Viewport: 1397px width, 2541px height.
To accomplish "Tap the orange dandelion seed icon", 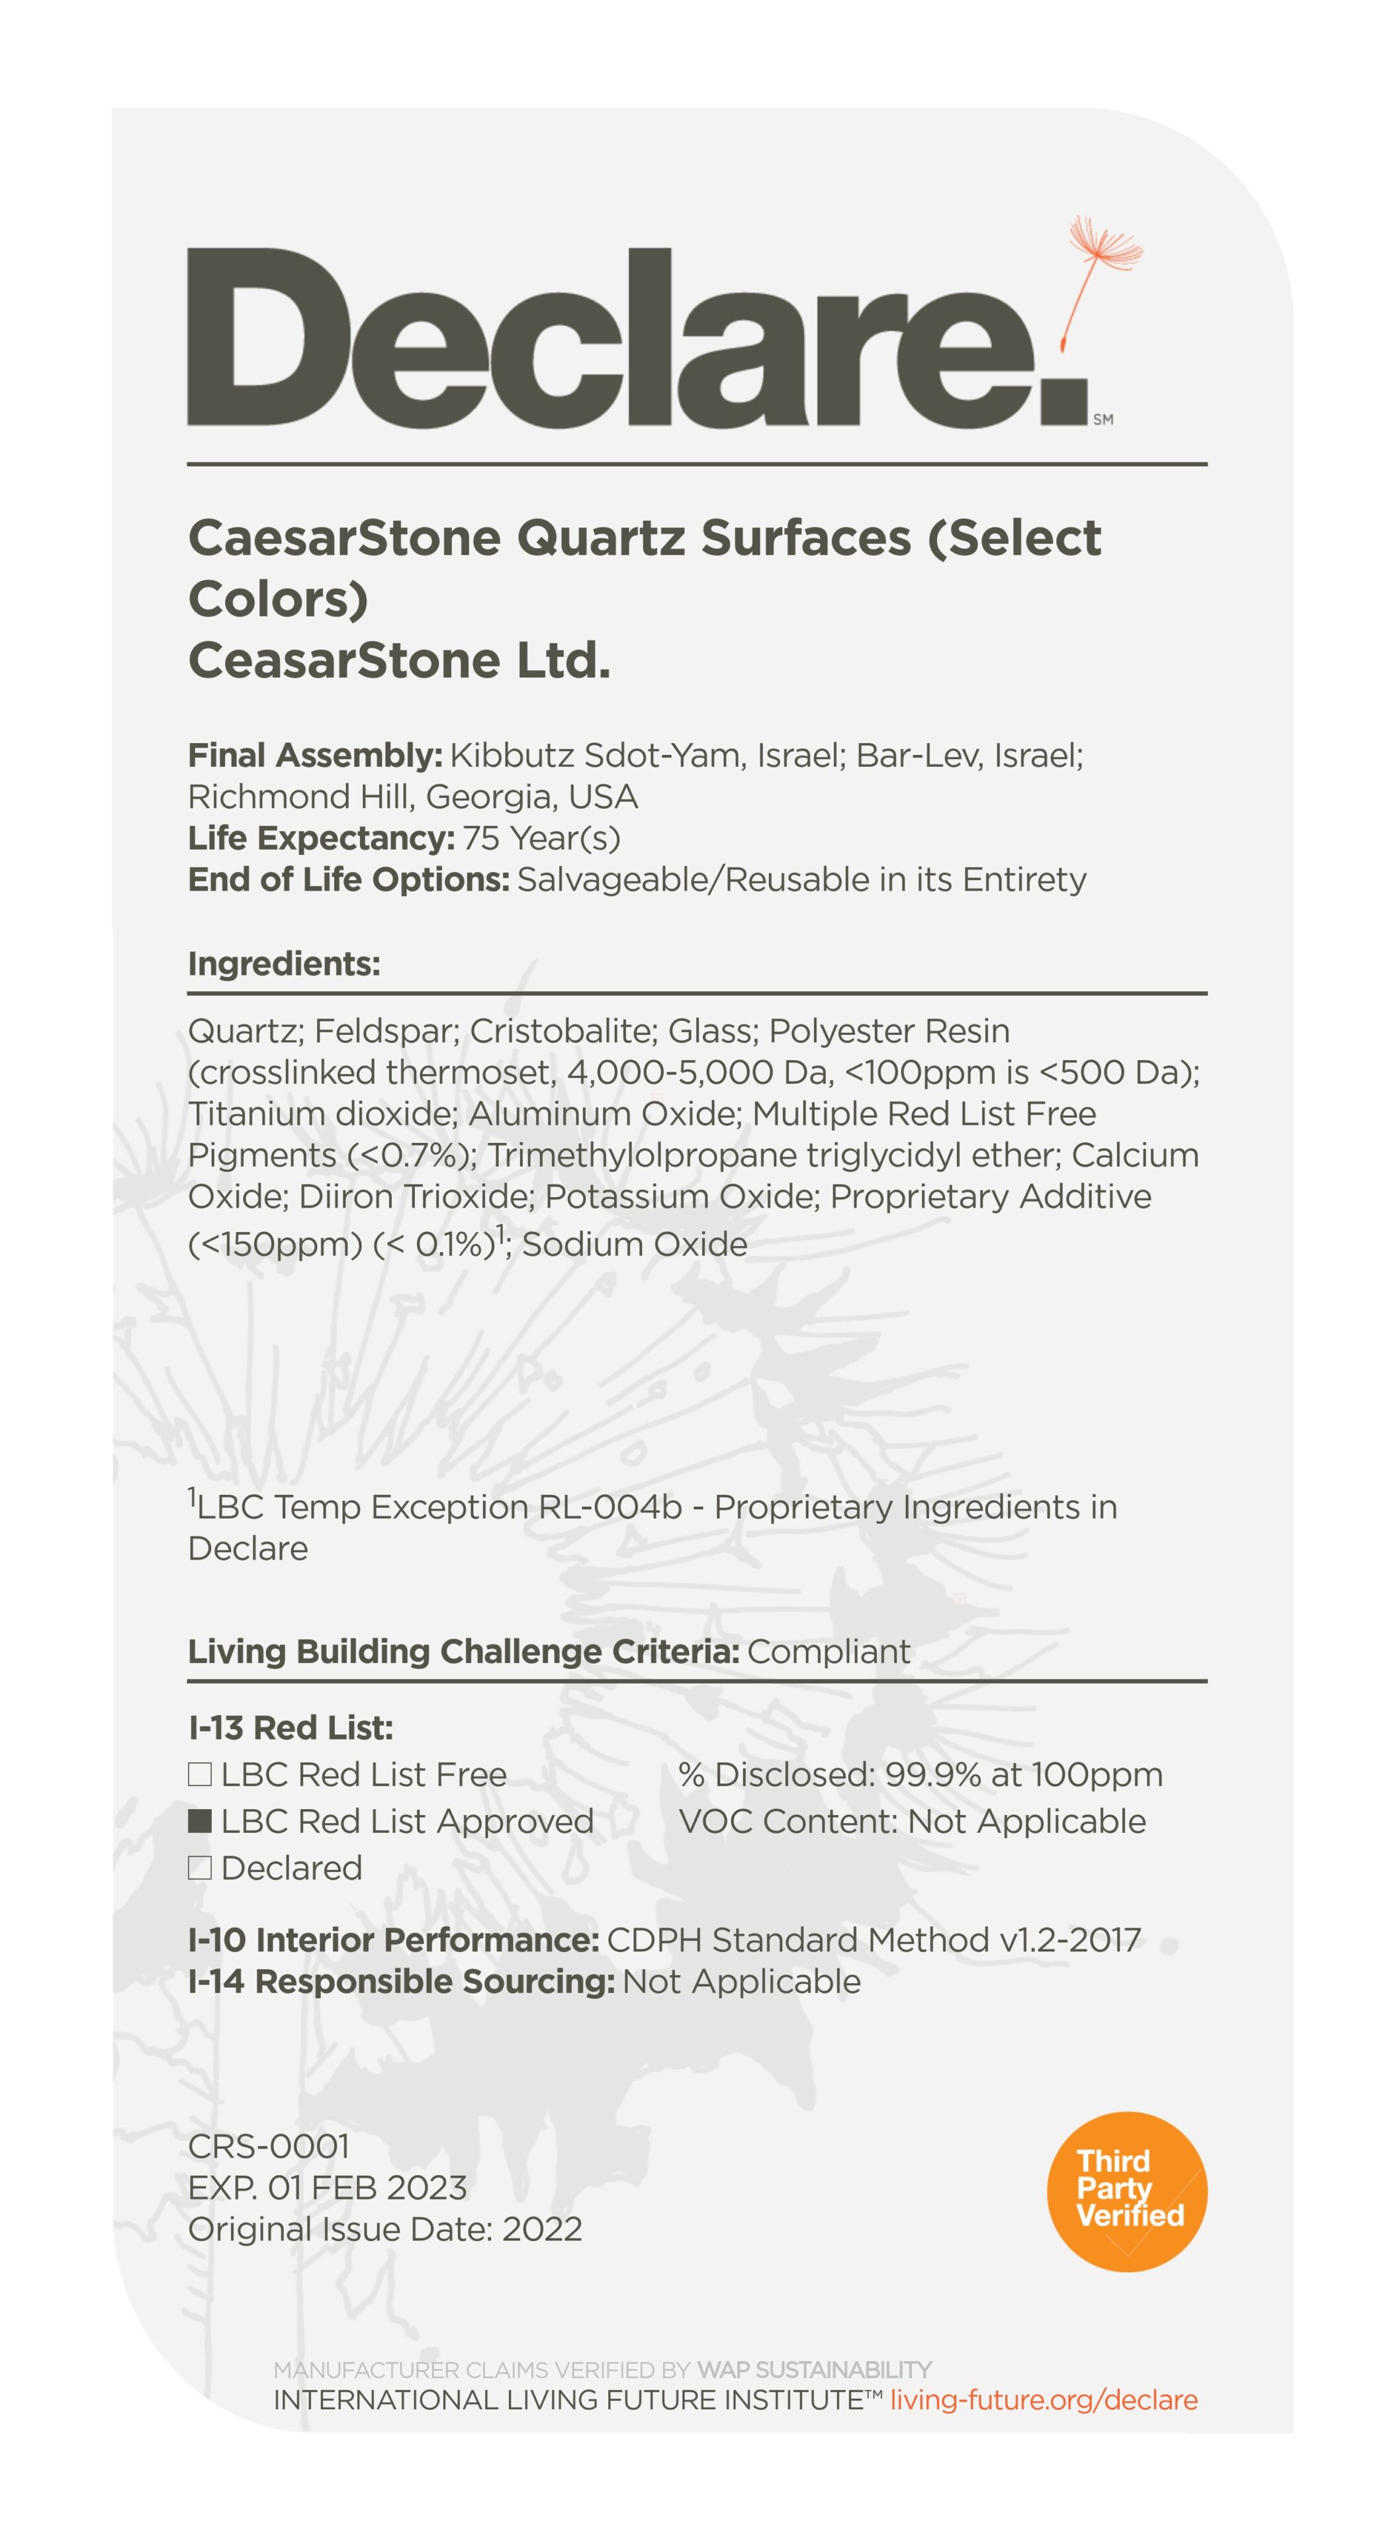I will [1100, 271].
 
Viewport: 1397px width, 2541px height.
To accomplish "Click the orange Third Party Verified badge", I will [1127, 2191].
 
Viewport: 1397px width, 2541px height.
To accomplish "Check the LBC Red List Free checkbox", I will [199, 1775].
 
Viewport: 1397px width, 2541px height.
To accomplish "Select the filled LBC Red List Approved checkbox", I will [199, 1821].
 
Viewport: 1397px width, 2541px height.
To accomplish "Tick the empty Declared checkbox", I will [199, 1867].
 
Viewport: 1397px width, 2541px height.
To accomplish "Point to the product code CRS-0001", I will [269, 2145].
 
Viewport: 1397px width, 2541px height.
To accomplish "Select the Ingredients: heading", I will [284, 963].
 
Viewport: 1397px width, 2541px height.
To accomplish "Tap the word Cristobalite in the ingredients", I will [563, 1031].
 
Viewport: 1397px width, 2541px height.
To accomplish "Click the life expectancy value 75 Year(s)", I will [541, 838].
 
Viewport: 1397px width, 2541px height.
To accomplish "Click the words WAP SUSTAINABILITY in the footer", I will [814, 2370].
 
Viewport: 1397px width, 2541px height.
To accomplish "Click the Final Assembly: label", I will [315, 756].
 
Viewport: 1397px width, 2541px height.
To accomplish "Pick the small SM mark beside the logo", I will [1103, 420].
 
